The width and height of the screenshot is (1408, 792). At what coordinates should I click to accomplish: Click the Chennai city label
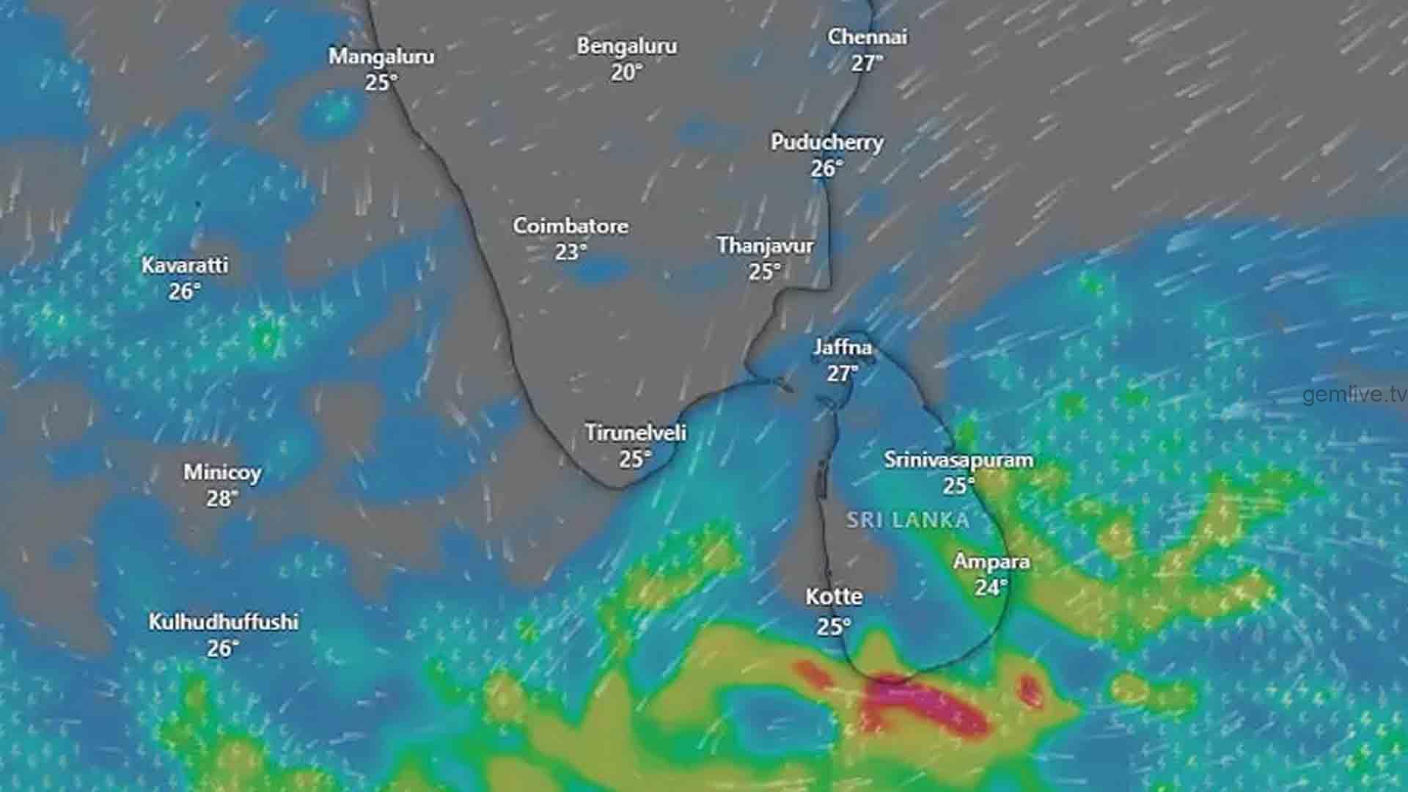868,37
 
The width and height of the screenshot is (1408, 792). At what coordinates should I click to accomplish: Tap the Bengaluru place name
626,45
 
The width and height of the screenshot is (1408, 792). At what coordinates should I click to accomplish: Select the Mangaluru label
381,56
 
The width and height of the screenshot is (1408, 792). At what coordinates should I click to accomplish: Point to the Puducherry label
826,142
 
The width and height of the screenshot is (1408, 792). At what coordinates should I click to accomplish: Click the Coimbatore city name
571,225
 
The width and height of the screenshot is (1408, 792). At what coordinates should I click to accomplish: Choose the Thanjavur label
765,245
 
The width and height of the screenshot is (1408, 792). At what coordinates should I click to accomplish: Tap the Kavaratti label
185,265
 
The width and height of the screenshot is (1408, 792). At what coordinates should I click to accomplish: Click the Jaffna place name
843,347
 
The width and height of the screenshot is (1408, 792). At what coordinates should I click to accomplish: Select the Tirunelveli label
636,433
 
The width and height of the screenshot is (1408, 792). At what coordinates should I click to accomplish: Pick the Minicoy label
222,472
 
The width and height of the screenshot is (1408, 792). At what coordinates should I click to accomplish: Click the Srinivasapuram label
958,460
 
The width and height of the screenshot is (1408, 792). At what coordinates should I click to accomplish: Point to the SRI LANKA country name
908,521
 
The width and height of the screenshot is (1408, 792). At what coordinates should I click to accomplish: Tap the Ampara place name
991,562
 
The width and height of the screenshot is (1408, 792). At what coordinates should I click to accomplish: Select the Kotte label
835,597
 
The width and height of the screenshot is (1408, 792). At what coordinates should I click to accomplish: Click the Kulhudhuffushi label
224,622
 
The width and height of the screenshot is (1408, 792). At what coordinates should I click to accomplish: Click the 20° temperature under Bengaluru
626,73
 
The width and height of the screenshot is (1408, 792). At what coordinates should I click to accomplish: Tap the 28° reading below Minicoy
222,499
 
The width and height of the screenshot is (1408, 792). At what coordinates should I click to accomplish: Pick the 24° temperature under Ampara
991,587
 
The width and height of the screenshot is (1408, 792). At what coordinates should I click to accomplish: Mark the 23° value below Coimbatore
571,252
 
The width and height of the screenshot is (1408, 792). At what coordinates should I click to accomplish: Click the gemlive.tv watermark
1354,395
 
